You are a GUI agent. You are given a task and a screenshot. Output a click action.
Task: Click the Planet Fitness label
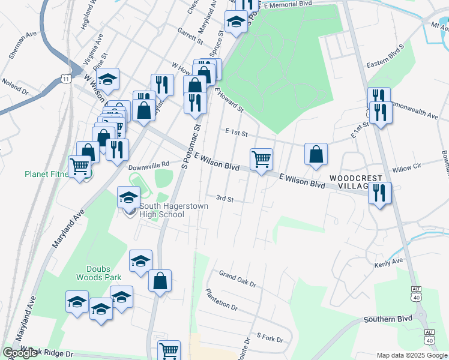(x=49, y=175)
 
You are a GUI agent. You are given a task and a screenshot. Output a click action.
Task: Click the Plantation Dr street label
(x=221, y=299)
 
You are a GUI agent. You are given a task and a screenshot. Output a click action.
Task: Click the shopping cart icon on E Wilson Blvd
(x=261, y=160)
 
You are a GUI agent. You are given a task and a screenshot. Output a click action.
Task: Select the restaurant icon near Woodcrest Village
(x=380, y=193)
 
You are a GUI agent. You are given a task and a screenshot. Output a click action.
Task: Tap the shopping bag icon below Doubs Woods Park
(x=160, y=281)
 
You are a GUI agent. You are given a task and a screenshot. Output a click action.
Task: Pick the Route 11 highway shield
(x=65, y=79)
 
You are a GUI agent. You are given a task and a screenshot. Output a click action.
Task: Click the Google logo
(x=20, y=353)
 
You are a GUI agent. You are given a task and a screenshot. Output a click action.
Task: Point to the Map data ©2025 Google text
(x=412, y=355)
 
